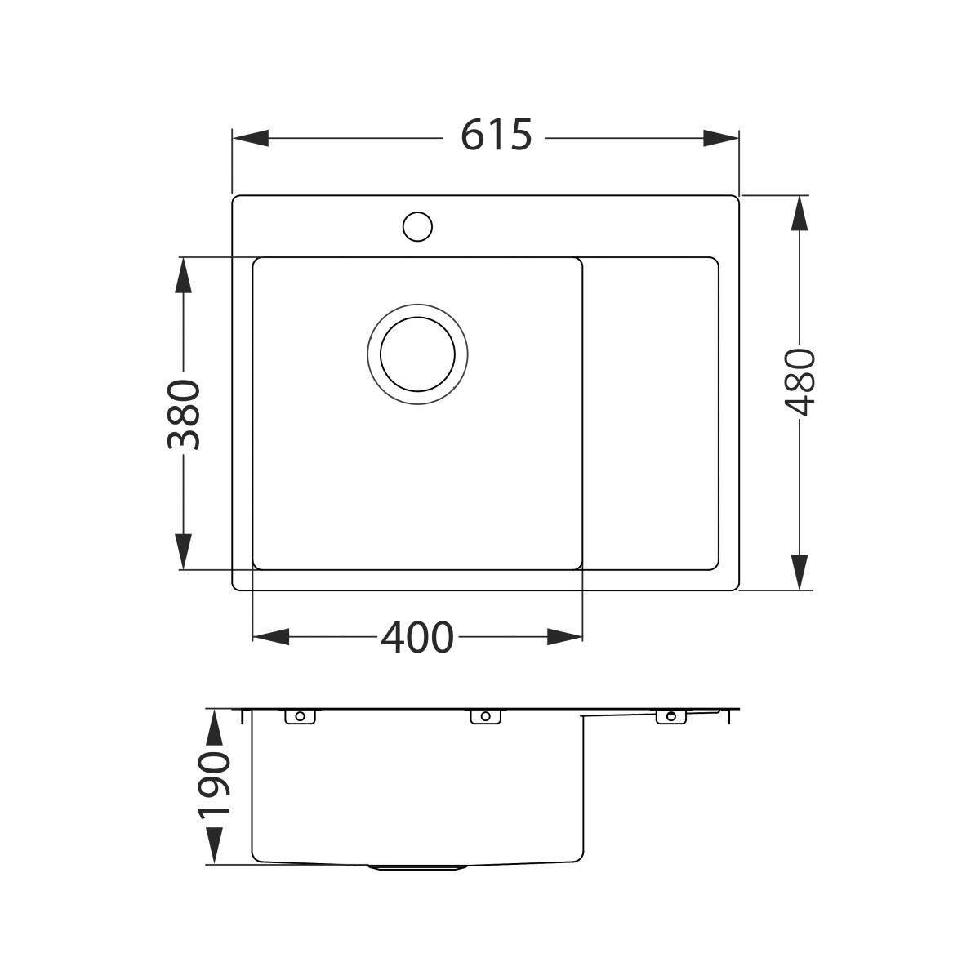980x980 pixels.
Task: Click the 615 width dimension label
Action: pyautogui.click(x=496, y=135)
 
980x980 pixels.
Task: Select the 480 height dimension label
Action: pyautogui.click(x=800, y=382)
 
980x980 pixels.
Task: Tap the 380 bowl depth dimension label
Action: pyautogui.click(x=184, y=415)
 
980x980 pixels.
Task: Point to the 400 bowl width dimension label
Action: pyautogui.click(x=417, y=637)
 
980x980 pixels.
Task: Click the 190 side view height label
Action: pyautogui.click(x=214, y=793)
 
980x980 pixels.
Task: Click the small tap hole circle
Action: pyautogui.click(x=417, y=226)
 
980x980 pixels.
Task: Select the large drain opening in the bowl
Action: pyautogui.click(x=417, y=354)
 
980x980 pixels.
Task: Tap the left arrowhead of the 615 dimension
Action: pyautogui.click(x=251, y=138)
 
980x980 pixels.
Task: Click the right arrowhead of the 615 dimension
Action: pyautogui.click(x=720, y=138)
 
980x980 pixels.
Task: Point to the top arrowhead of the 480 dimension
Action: pyautogui.click(x=800, y=214)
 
